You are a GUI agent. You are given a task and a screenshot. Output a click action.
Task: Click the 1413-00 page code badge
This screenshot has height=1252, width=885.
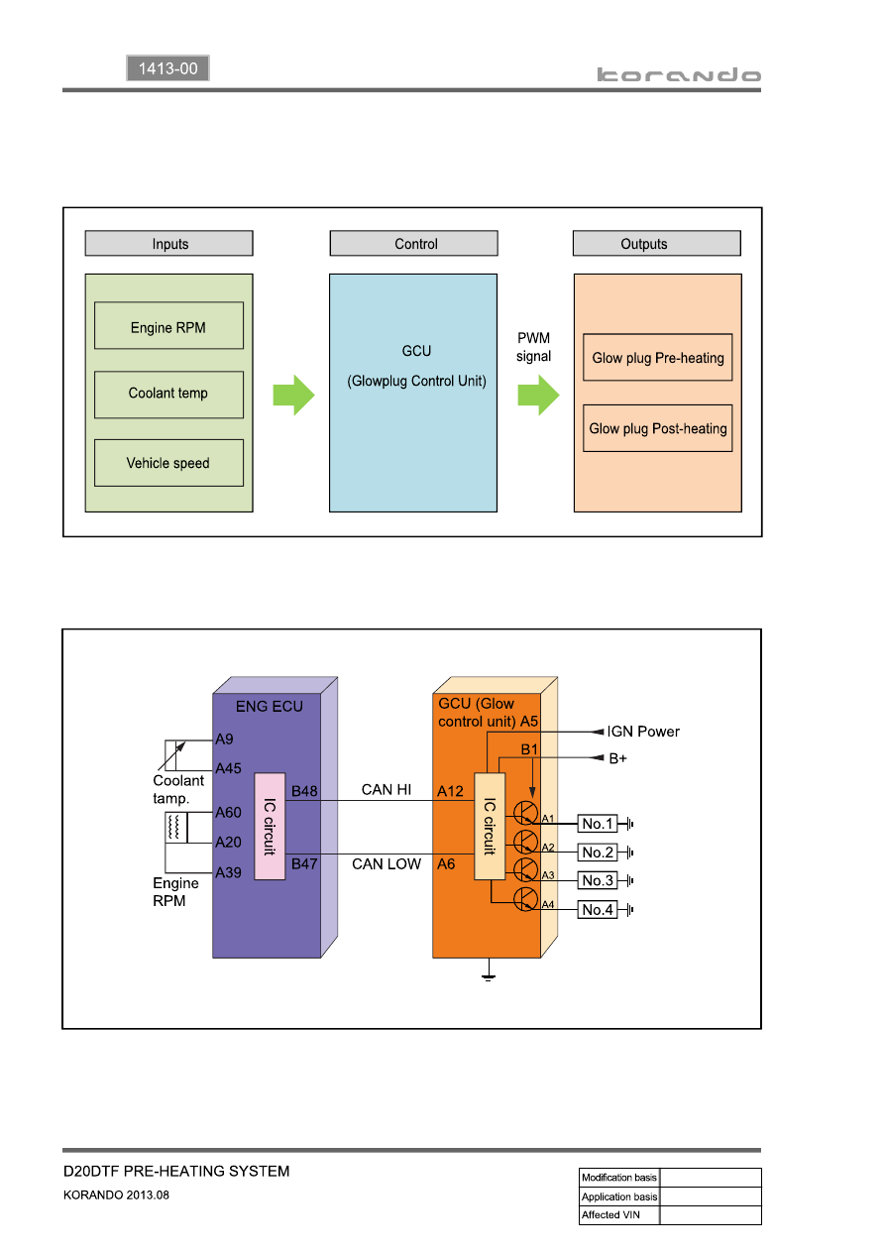click(x=167, y=68)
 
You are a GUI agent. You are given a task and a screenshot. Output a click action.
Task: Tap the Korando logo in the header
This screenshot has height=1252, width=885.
click(x=679, y=74)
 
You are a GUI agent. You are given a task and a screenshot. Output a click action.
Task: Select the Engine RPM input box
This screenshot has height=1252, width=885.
click(x=168, y=326)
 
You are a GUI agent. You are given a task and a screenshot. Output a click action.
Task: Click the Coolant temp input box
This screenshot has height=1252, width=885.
click(x=168, y=395)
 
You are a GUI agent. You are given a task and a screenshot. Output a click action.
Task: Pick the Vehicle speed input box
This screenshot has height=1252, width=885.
click(x=168, y=463)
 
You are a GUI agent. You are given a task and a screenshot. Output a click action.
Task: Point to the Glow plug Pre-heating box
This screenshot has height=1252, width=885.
click(x=658, y=358)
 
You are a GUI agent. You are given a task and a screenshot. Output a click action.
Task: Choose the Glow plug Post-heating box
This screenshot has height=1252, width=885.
click(x=658, y=428)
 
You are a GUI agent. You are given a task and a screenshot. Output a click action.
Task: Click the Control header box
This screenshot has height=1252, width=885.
click(x=413, y=243)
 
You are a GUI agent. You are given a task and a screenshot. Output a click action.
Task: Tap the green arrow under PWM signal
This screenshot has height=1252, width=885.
click(x=538, y=396)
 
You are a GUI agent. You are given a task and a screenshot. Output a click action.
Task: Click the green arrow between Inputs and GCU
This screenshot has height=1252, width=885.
click(x=293, y=396)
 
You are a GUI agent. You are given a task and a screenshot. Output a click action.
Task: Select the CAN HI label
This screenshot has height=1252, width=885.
click(x=387, y=789)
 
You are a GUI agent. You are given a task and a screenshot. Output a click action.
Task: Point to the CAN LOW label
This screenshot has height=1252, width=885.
click(x=387, y=864)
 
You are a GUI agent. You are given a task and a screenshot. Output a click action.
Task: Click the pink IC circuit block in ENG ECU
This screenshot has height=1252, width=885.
click(x=270, y=827)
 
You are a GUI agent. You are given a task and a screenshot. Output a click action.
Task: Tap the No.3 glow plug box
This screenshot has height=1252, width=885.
click(x=598, y=880)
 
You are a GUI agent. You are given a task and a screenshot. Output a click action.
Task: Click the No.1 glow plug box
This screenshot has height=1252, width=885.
click(x=598, y=824)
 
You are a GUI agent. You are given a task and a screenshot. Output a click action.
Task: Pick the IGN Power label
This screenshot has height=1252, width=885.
click(x=643, y=732)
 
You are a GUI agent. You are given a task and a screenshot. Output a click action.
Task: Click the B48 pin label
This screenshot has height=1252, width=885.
click(x=304, y=791)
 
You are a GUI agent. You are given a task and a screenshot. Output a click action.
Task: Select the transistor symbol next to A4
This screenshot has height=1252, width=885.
click(x=525, y=899)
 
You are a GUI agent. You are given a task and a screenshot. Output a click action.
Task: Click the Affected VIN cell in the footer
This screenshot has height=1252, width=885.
click(x=619, y=1215)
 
